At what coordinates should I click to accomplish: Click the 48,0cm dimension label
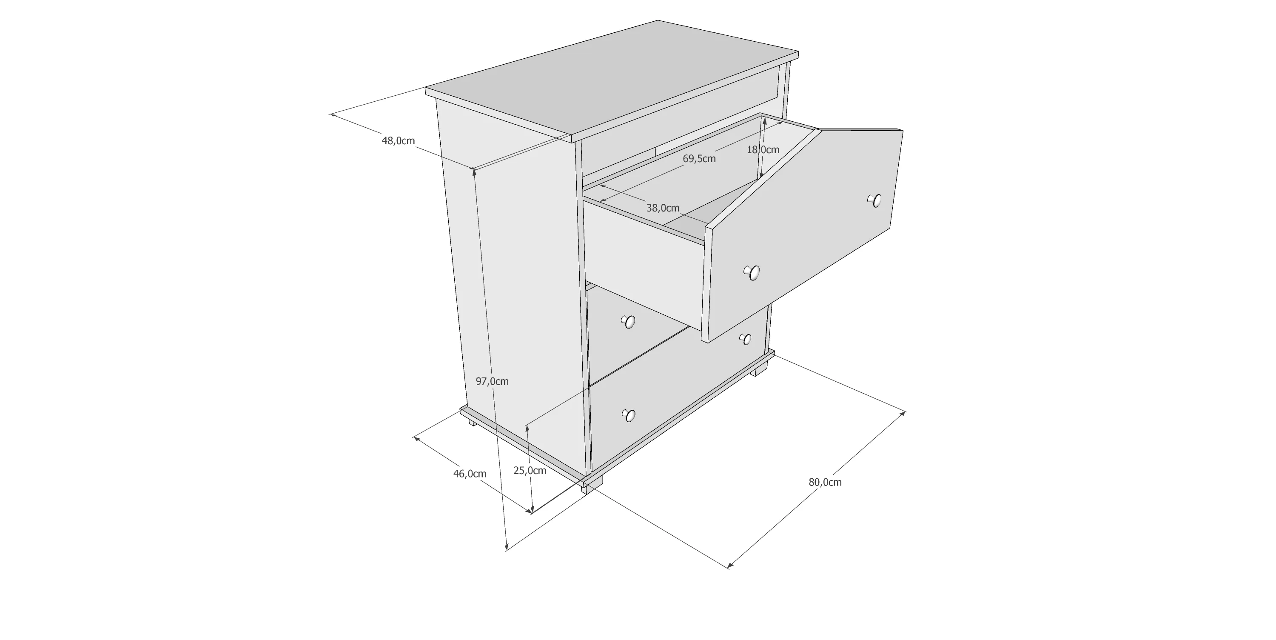(398, 141)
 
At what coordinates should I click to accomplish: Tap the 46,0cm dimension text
(470, 474)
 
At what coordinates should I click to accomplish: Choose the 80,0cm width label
(825, 482)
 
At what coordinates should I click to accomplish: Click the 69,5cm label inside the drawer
(699, 159)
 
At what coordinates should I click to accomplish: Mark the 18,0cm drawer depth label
(763, 149)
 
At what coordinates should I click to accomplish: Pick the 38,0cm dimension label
(663, 208)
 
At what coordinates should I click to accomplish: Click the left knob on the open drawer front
(752, 273)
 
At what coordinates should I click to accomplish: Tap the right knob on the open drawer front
(875, 200)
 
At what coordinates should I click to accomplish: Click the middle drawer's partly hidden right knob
(745, 339)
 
